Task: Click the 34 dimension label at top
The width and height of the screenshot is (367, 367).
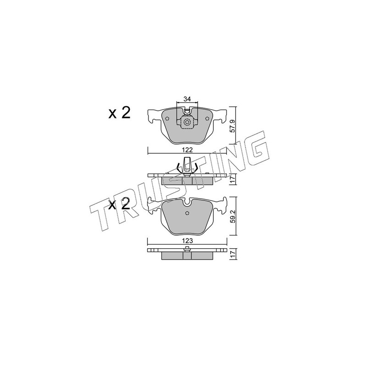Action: tap(187, 99)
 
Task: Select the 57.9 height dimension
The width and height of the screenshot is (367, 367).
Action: tap(233, 127)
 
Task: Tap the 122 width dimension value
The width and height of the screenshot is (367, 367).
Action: tap(188, 150)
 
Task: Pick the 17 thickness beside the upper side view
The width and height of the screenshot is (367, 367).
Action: tap(233, 180)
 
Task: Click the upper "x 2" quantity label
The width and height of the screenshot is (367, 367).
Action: tap(119, 113)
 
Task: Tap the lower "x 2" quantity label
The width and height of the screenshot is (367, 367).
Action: tap(119, 204)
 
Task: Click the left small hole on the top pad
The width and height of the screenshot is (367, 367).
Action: tap(167, 118)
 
